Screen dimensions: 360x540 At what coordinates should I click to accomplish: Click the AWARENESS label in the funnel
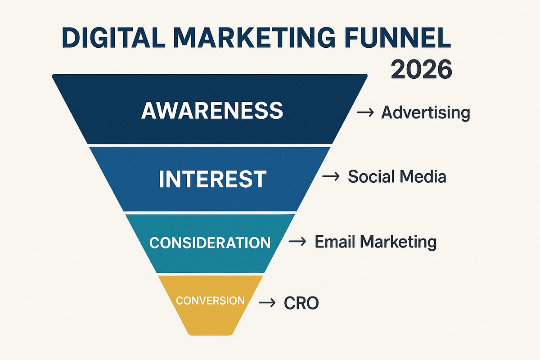212,110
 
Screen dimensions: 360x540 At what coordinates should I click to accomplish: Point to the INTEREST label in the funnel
212,179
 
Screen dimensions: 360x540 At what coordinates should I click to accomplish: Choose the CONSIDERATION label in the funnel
210,243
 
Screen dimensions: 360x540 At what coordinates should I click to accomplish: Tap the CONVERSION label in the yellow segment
211,301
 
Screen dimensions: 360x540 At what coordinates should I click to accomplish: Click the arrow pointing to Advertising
365,112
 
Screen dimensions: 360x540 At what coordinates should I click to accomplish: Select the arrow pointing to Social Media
331,177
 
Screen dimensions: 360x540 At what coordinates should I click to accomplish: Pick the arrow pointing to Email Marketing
297,242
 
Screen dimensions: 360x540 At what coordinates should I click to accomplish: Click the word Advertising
425,112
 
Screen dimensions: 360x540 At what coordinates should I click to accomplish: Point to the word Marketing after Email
398,243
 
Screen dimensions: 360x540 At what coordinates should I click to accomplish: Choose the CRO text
301,303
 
